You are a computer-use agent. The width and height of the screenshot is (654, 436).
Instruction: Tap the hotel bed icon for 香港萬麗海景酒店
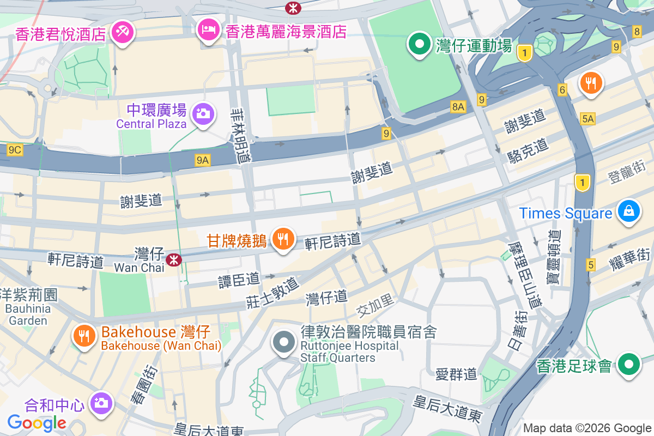pyautogui.click(x=208, y=29)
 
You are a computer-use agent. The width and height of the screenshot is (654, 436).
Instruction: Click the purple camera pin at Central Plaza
pyautogui.click(x=203, y=113)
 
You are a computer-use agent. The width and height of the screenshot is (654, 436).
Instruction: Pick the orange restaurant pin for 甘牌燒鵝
pyautogui.click(x=283, y=239)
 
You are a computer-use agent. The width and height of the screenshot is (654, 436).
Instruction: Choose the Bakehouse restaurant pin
pyautogui.click(x=84, y=336)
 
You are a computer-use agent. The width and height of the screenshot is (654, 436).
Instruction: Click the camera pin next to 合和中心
pyautogui.click(x=100, y=403)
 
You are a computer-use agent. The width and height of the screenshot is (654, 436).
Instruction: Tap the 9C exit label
pyautogui.click(x=15, y=149)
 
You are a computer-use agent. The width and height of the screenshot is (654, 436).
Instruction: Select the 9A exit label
pyautogui.click(x=203, y=160)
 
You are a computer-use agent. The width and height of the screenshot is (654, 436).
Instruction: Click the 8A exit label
pyautogui.click(x=458, y=107)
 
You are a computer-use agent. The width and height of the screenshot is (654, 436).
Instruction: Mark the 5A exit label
pyautogui.click(x=588, y=119)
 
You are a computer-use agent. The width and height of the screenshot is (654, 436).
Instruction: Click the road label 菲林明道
pyautogui.click(x=241, y=135)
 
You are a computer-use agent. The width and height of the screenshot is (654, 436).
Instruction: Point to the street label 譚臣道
pyautogui.click(x=239, y=280)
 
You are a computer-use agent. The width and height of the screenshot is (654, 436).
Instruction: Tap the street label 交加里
pyautogui.click(x=374, y=309)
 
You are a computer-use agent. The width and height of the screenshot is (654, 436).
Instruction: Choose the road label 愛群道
pyautogui.click(x=456, y=374)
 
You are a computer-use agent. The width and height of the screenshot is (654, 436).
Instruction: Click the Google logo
pyautogui.click(x=37, y=422)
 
